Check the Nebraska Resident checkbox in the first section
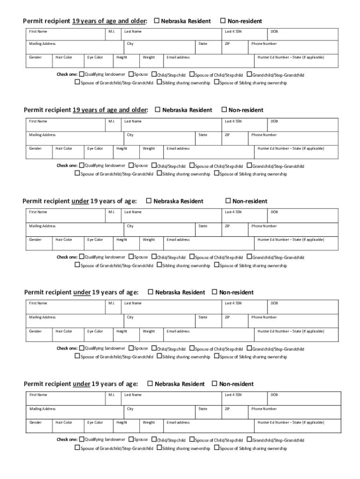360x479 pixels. [157, 21]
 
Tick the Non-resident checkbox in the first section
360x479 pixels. [223, 21]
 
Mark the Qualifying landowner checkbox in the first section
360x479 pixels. [82, 74]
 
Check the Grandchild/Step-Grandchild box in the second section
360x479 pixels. [249, 166]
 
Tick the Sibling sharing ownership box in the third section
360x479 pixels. [159, 265]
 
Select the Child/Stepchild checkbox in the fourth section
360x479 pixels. [154, 348]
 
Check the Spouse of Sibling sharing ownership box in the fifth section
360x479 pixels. [216, 448]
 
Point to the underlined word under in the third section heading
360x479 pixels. [80, 201]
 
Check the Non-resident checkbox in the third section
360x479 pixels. [229, 201]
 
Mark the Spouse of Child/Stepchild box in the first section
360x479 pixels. [192, 74]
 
